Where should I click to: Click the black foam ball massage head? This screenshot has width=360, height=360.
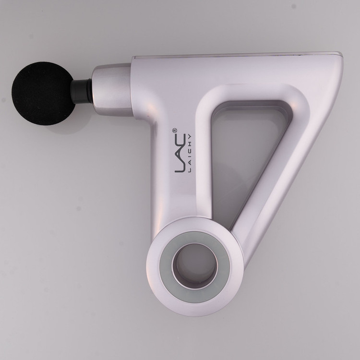pos(43,93)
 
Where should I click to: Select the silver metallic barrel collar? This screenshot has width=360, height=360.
pos(112,90)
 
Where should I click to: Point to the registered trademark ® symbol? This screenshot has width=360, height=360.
pos(174,131)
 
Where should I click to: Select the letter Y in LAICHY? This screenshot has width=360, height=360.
pos(190,136)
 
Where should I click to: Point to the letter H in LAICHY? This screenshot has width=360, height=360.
pos(190,143)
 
